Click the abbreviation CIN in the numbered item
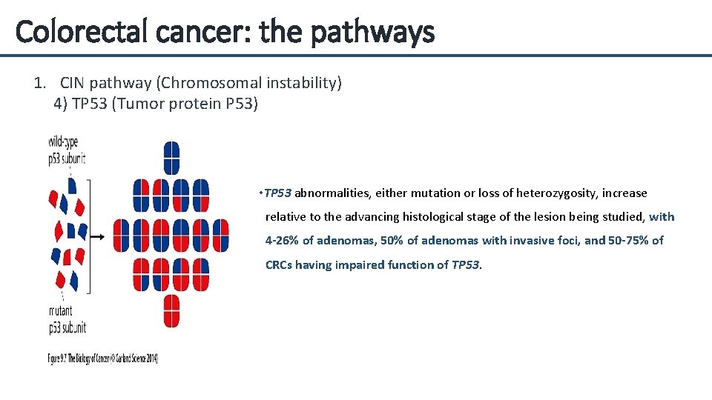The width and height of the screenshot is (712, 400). [x=75, y=83]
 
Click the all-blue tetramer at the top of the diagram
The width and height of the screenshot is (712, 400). [x=171, y=157]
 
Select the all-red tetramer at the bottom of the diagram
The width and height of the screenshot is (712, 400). [x=171, y=310]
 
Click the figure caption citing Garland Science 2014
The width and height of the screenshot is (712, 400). [x=103, y=359]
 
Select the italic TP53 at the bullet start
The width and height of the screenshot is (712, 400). [x=278, y=193]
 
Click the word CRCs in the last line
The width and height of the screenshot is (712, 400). [x=279, y=264]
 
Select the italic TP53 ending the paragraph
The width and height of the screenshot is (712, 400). [x=466, y=264]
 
